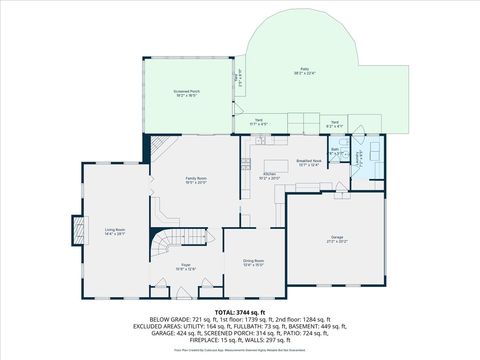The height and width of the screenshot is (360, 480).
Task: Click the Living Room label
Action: [x=114, y=230]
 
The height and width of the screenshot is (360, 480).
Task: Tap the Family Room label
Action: [x=195, y=179]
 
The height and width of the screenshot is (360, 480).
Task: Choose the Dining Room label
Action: [x=253, y=261]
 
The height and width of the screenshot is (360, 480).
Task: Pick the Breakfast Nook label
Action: [x=309, y=160]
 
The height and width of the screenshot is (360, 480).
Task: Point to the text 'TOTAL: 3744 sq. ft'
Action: [x=239, y=312]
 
